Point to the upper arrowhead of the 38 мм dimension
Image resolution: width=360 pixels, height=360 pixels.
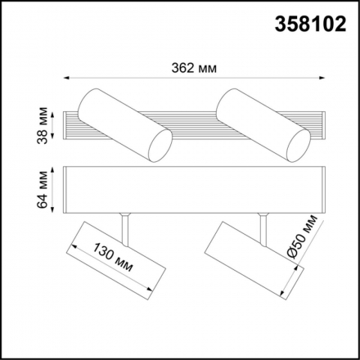[x=56, y=110]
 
